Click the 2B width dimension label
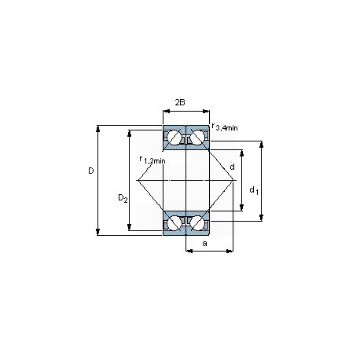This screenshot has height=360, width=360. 180,102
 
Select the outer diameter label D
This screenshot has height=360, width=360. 91,171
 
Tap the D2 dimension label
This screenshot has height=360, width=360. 123,198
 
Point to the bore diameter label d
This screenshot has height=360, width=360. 232,167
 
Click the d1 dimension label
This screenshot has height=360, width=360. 254,190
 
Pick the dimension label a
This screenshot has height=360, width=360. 205,244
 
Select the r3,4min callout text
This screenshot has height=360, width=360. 225,127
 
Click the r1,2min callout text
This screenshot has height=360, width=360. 152,160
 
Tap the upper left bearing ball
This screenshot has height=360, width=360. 174,137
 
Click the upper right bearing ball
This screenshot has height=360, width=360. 197,137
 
